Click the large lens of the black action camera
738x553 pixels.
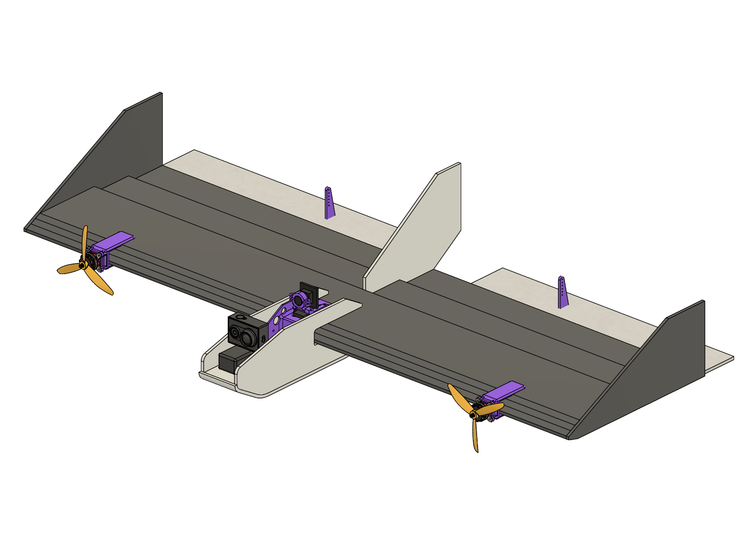coord(247,337)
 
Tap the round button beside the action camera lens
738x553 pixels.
coord(234,333)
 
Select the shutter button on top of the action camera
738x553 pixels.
coord(241,317)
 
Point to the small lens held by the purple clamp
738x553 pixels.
coord(298,300)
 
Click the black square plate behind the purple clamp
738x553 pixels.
coord(309,290)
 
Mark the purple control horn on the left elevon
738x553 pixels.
coord(329,204)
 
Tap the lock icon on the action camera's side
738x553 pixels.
coord(264,339)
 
